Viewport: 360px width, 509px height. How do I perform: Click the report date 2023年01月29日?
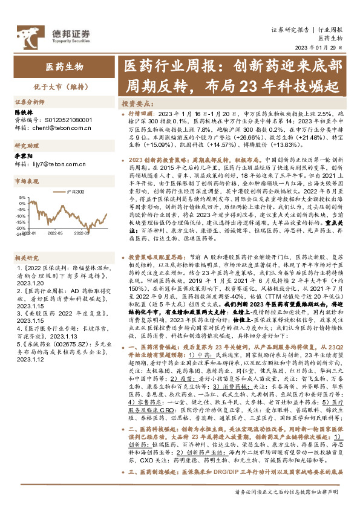[323, 48]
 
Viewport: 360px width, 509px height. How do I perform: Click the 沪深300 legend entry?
[77, 191]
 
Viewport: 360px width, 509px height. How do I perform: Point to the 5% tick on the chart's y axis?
[22, 197]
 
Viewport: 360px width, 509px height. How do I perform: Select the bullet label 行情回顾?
[143, 113]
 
